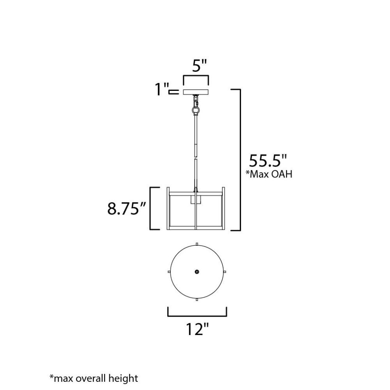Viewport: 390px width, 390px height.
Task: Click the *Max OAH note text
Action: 269,174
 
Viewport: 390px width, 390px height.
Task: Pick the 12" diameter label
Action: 197,329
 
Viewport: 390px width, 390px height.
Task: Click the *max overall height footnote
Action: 94,378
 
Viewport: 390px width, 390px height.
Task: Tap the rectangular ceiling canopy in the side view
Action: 196,92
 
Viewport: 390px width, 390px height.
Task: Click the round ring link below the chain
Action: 196,110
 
